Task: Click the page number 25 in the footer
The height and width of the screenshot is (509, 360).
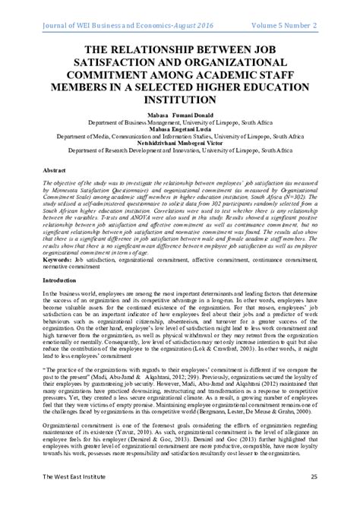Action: click(x=334, y=497)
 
